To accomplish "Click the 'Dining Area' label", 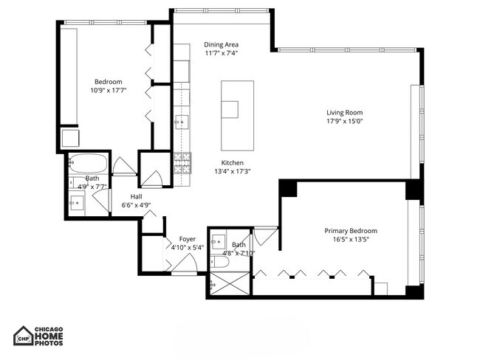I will [221, 44].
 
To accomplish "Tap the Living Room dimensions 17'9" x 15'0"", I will [345, 122].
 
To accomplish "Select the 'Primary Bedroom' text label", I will [351, 230].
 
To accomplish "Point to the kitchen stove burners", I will [182, 162].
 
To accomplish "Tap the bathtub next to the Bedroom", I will [89, 163].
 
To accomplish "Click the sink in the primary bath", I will [219, 240].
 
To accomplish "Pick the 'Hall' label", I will [137, 196].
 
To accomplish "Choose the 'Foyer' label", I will [188, 239].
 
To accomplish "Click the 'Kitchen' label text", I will [232, 163].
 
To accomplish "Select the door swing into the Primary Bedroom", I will [266, 237].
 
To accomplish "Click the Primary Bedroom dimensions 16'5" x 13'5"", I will [351, 239].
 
